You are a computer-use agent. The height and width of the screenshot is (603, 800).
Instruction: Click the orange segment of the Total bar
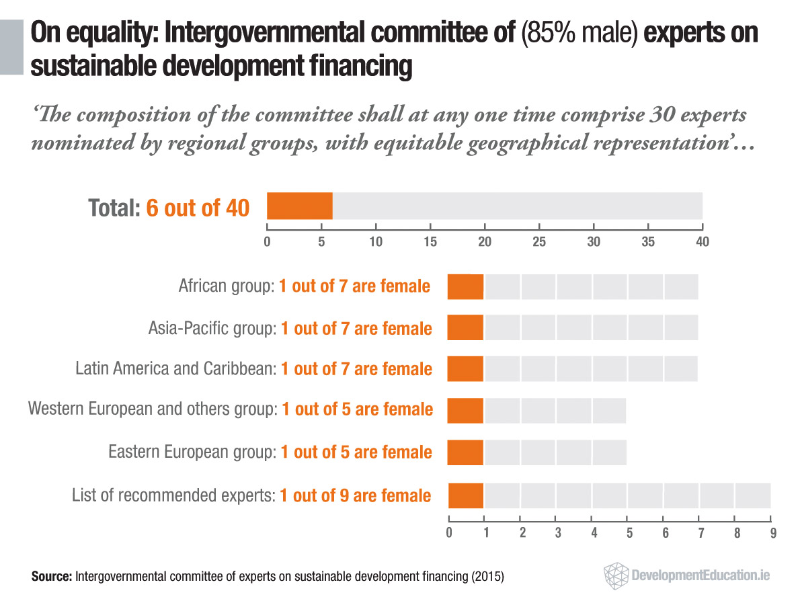(x=300, y=206)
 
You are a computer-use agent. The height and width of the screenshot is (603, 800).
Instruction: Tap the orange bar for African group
(x=465, y=287)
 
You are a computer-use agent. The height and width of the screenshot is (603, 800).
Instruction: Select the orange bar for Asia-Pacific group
(x=465, y=327)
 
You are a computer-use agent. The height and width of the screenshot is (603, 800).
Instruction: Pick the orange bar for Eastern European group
(x=465, y=451)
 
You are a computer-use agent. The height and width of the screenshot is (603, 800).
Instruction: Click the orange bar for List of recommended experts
(x=465, y=495)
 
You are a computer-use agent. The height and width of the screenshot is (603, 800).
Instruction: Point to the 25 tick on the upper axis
(x=538, y=241)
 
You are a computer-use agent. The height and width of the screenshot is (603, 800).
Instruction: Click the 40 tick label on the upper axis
(x=702, y=241)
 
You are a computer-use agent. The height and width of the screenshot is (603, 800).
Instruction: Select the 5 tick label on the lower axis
(x=629, y=534)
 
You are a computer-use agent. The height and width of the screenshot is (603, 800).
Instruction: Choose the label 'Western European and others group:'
(x=152, y=409)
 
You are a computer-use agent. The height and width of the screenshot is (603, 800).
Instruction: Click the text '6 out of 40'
(x=197, y=208)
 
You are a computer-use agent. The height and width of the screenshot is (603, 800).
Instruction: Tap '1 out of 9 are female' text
(x=356, y=496)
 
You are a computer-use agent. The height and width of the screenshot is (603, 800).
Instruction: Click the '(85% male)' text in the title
(x=579, y=35)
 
